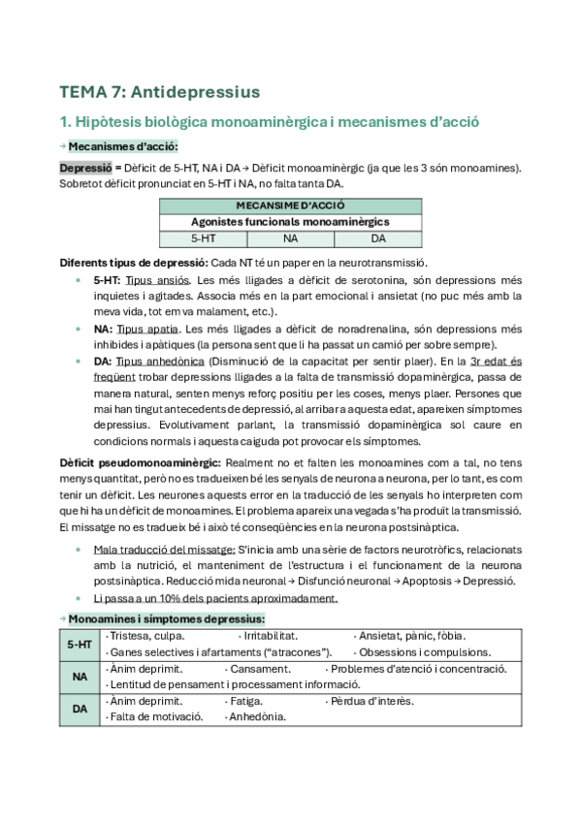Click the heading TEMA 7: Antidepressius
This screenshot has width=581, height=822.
pos(160,92)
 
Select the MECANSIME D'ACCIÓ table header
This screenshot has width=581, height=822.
pos(290,206)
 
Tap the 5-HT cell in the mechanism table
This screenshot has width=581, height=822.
pos(203,237)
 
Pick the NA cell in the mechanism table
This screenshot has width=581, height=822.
pos(290,237)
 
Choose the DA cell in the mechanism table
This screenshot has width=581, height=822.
pos(378,237)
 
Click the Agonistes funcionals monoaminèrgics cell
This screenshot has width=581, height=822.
pos(290,222)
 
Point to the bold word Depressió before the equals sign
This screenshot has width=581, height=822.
pos(89,167)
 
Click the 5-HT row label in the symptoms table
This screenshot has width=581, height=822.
pos(81,644)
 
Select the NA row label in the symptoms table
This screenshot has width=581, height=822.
pos(81,677)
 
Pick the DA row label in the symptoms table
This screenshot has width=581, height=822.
pos(81,709)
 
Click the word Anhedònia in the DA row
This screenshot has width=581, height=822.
pos(256,717)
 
